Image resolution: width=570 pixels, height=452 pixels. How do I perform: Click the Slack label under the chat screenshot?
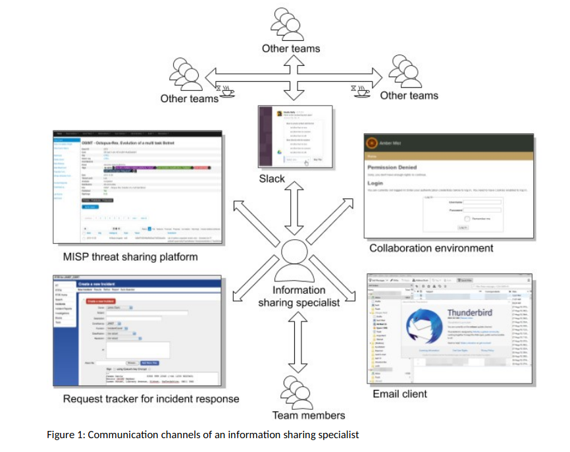click(290, 179)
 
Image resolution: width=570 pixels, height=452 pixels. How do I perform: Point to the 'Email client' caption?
click(400, 393)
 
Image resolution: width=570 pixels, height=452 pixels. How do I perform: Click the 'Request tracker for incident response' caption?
click(151, 399)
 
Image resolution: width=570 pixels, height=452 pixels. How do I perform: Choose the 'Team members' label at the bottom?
click(309, 414)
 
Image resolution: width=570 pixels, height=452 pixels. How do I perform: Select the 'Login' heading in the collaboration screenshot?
click(376, 184)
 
